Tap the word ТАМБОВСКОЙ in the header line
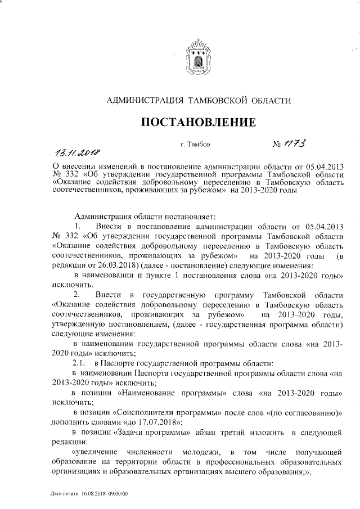tap(220, 101)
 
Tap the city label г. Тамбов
tap(196, 145)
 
